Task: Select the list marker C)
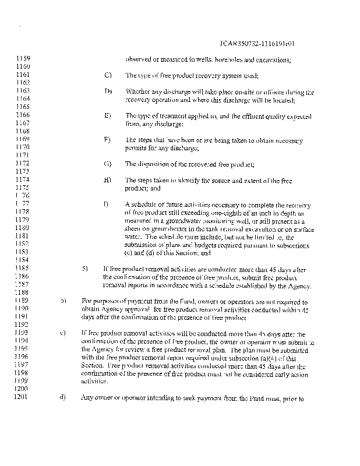pos(108,76)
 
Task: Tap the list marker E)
pos(108,115)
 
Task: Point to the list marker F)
pos(108,140)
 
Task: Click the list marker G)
pos(108,164)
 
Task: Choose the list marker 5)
pos(84,270)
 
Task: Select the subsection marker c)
pos(62,333)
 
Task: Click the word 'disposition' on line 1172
pos(153,164)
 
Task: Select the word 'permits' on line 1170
pos(135,149)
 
